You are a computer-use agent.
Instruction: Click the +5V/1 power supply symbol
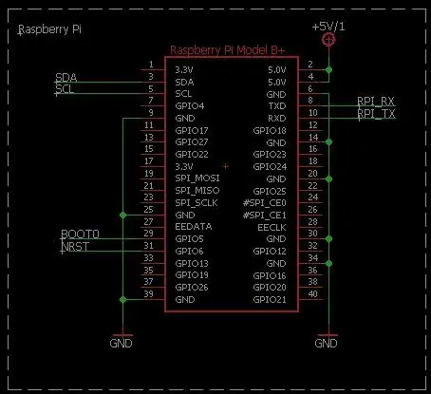[328, 40]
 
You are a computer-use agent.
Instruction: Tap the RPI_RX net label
[376, 102]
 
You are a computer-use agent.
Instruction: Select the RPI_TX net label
[376, 113]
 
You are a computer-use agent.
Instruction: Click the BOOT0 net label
[80, 234]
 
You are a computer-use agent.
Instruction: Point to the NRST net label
[75, 246]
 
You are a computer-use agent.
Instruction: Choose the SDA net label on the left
[66, 78]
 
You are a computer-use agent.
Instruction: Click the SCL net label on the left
[65, 89]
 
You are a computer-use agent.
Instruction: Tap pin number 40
[312, 293]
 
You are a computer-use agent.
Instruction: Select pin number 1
[151, 65]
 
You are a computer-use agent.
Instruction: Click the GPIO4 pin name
[190, 106]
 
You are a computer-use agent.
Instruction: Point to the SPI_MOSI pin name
[197, 178]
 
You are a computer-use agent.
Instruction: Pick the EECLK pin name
[272, 227]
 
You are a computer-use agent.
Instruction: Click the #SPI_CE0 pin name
[265, 202]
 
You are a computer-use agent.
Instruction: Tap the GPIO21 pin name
[270, 299]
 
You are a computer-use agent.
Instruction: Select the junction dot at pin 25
[122, 216]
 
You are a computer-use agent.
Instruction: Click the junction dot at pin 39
[122, 299]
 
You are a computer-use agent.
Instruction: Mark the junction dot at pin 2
[328, 69]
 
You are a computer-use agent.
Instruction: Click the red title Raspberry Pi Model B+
[228, 50]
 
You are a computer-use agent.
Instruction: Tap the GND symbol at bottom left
[122, 341]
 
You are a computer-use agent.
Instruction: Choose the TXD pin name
[277, 106]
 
